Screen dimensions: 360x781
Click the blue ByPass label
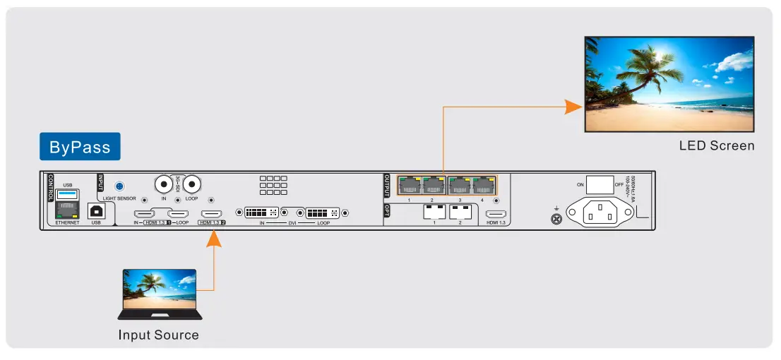[80, 147]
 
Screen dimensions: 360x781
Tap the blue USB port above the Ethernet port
[68, 194]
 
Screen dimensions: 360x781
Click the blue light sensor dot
[120, 186]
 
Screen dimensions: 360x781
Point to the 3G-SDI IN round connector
[165, 185]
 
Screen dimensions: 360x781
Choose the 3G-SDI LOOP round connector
[191, 185]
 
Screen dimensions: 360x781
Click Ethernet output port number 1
[409, 186]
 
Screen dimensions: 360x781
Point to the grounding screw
[556, 220]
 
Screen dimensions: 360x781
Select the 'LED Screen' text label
[717, 146]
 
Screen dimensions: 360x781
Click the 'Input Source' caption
[158, 335]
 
